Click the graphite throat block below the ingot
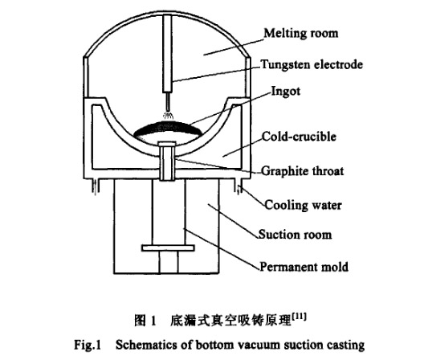(x=167, y=161)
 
